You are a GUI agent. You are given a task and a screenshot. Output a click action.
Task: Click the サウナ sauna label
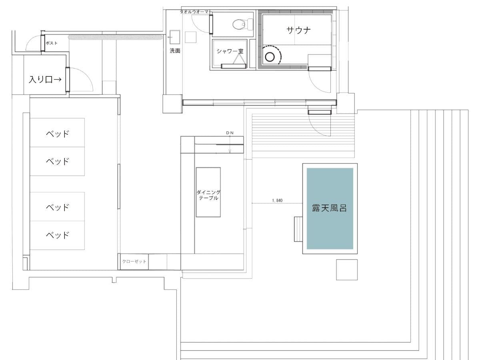click(x=298, y=30)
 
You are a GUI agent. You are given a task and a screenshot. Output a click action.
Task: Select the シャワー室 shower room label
click(x=230, y=51)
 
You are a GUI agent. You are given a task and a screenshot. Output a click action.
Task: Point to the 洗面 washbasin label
click(x=175, y=51)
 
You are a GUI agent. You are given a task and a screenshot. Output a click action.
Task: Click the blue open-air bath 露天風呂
click(x=330, y=208)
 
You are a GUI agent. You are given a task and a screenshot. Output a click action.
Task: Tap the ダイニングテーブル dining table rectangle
click(x=208, y=192)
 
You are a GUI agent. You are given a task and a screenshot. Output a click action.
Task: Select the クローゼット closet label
click(x=134, y=262)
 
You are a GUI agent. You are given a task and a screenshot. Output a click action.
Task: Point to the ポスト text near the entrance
click(x=52, y=43)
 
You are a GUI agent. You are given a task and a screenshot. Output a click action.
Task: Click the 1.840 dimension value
click(x=277, y=200)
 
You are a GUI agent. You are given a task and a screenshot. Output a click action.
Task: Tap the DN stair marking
click(x=230, y=133)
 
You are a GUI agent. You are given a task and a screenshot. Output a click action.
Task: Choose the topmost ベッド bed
click(x=57, y=133)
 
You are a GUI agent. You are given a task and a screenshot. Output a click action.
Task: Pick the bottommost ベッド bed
click(x=57, y=235)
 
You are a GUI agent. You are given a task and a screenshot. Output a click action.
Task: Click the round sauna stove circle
click(x=270, y=57)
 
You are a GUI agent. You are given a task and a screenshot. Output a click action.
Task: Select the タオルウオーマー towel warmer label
click(x=195, y=12)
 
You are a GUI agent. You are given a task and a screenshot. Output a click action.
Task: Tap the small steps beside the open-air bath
click(x=298, y=229)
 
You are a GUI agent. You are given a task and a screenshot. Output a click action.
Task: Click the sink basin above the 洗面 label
click(x=175, y=37)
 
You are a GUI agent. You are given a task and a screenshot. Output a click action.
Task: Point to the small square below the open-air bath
click(x=347, y=270)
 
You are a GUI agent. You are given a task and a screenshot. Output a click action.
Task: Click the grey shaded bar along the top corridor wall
click(x=116, y=37)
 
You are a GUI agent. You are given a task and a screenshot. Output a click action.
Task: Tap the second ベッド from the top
click(x=57, y=161)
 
